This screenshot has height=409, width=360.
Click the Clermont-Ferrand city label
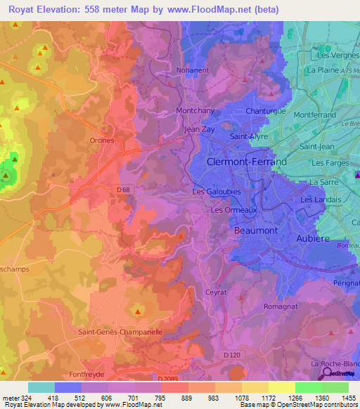(x=247, y=162)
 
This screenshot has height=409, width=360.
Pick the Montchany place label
(x=195, y=112)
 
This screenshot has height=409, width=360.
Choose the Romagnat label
(x=281, y=306)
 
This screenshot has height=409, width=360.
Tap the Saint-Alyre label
(x=250, y=137)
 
